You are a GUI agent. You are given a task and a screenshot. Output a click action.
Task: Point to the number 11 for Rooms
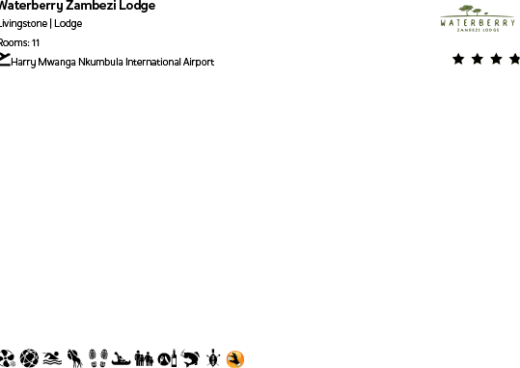(x=36, y=43)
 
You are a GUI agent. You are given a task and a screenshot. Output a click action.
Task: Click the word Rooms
(x=14, y=43)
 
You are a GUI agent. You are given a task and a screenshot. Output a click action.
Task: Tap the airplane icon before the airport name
(x=5, y=62)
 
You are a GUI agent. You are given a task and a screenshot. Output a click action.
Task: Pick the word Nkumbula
(x=99, y=63)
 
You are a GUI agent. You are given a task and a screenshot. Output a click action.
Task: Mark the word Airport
(x=198, y=63)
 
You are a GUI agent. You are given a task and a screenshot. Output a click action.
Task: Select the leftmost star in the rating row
(x=458, y=59)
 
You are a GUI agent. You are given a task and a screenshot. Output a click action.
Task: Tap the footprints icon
(x=97, y=359)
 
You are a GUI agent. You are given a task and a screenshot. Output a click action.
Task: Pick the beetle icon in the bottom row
(x=213, y=359)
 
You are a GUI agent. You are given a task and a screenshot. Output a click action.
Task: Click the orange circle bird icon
(x=235, y=359)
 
